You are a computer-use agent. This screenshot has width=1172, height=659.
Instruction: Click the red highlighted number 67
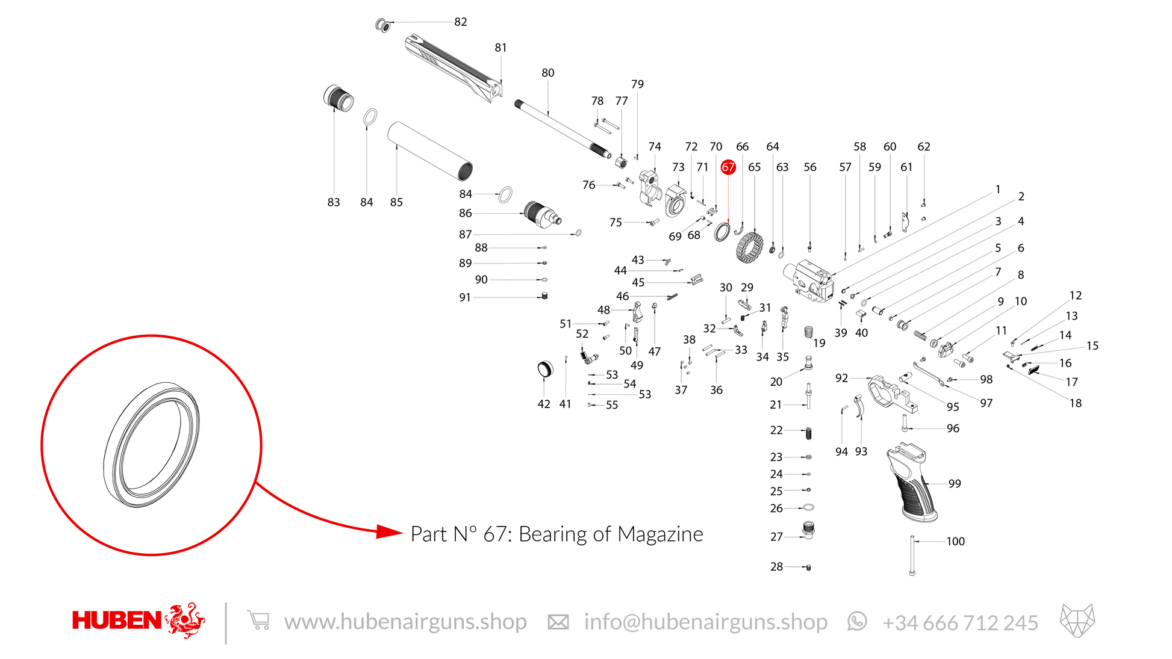point(728,167)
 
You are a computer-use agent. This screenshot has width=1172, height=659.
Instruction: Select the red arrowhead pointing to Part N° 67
point(389,531)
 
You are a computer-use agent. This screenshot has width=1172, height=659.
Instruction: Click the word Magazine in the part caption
point(660,534)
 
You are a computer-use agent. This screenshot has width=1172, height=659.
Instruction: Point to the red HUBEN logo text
point(116,620)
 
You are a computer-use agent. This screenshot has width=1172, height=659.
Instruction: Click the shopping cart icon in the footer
point(258,620)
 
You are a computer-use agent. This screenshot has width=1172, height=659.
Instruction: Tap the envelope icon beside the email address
point(558,622)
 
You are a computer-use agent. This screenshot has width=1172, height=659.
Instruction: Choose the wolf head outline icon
point(1077,620)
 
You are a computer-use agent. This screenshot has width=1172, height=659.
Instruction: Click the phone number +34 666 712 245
point(960,622)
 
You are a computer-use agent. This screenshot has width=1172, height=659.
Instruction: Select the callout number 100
point(955,541)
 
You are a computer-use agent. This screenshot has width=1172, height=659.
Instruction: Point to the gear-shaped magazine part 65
point(749,248)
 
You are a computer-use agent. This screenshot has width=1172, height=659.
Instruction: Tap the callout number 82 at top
point(461,22)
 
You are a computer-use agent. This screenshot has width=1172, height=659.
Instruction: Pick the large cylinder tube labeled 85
point(430,151)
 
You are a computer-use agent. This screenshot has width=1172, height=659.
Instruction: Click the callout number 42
point(544,404)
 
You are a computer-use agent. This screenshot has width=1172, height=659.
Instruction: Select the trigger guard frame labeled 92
point(893,394)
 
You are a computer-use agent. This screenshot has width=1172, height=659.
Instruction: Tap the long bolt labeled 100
point(912,555)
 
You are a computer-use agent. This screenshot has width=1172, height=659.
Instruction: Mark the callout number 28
point(776,566)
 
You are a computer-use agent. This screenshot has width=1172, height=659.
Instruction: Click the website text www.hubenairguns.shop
point(405,622)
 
